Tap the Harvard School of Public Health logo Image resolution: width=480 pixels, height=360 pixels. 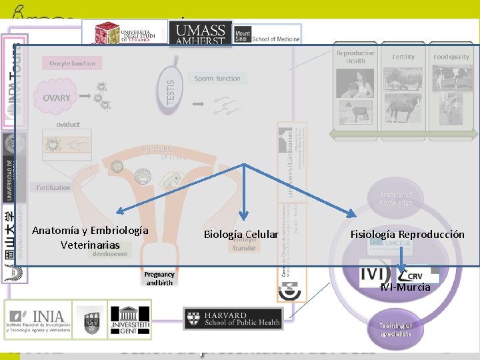tap(233, 318)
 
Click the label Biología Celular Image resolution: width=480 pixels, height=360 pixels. tap(240, 234)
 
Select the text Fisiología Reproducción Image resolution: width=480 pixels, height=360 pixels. tap(407, 234)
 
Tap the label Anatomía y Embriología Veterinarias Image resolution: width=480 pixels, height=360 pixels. tap(90, 237)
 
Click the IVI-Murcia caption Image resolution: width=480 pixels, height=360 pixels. tap(405, 287)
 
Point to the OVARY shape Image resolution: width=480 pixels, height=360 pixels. tap(56, 97)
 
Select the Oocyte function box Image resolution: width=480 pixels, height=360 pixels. tap(73, 63)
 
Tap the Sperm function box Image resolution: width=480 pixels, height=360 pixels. tap(217, 79)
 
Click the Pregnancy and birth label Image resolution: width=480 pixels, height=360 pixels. tap(159, 278)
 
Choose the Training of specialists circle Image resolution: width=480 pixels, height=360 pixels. tap(396, 329)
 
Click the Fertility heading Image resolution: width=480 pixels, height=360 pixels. tap(403, 57)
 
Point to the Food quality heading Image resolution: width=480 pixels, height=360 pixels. tap(451, 57)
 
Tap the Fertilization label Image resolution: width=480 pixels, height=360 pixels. tap(53, 187)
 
